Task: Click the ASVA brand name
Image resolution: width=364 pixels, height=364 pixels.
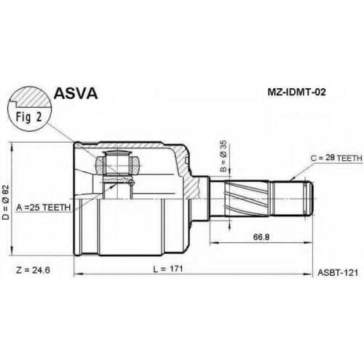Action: (x=76, y=93)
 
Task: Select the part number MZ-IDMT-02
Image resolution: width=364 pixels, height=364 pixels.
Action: (x=296, y=92)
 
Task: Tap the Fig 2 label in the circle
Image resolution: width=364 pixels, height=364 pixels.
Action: (x=29, y=117)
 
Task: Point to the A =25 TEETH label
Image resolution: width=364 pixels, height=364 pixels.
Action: (x=44, y=207)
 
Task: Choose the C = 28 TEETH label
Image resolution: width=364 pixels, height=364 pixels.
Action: (x=336, y=158)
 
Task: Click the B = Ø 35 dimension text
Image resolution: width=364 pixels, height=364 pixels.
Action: (x=223, y=157)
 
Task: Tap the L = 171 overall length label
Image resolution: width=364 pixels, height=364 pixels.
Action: (x=168, y=269)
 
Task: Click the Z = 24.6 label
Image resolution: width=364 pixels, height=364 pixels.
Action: (x=33, y=270)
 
